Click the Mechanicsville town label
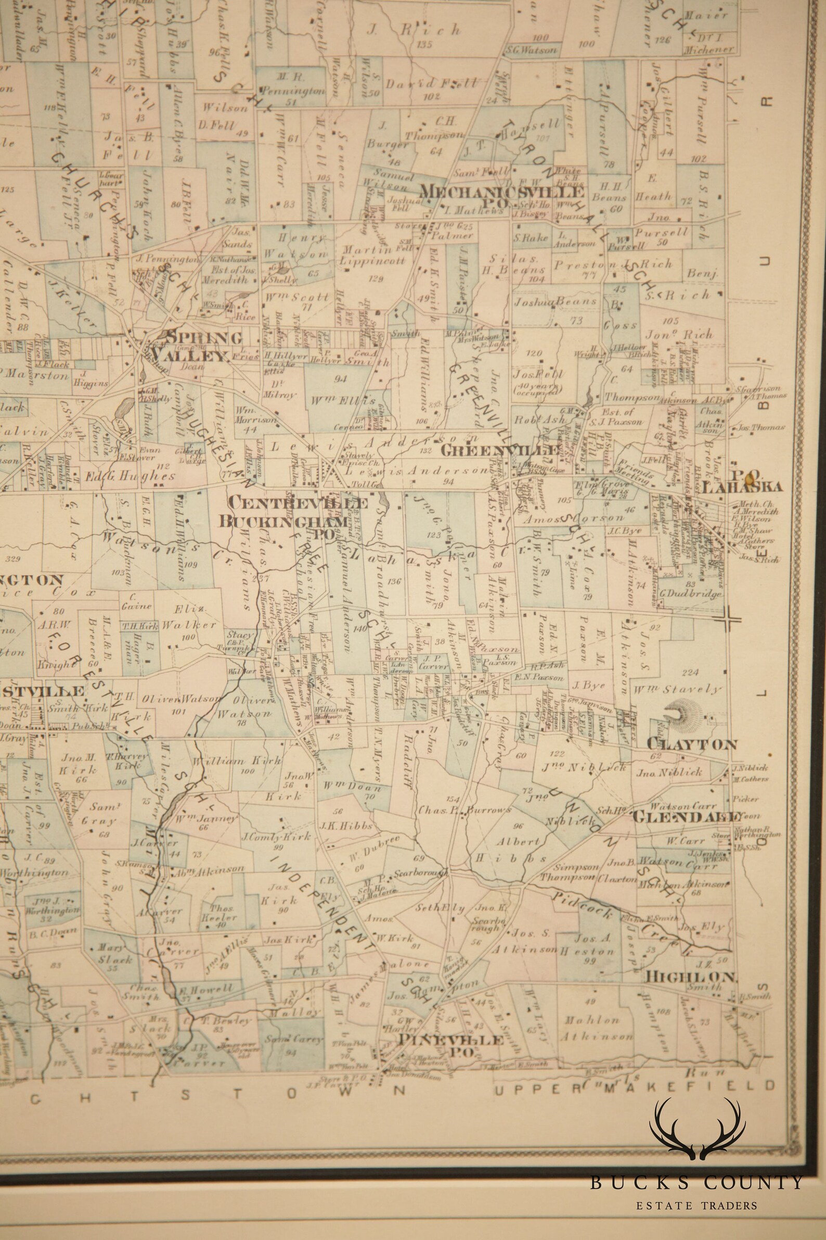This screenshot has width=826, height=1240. coord(501,192)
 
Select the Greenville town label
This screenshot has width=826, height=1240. coord(500,450)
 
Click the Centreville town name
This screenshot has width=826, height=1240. coord(294,503)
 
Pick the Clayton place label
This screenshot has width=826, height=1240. coord(691,744)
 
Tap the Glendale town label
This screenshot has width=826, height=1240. coord(688,817)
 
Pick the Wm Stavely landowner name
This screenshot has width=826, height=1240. coord(676,689)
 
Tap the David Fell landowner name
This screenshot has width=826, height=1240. coord(431,83)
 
